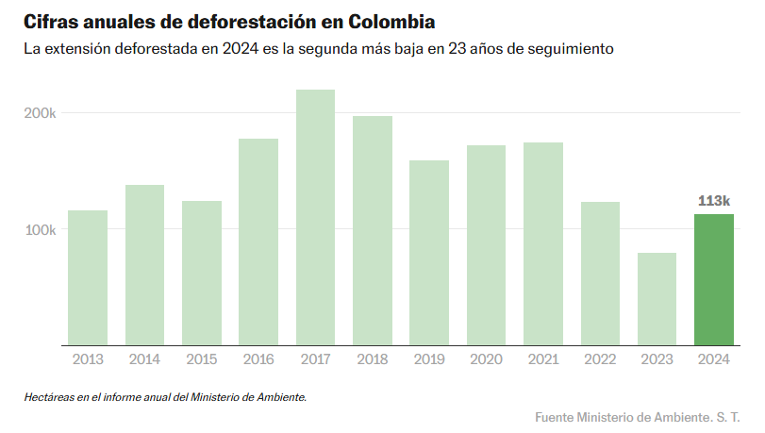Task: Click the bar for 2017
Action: click(315, 217)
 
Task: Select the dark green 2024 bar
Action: click(713, 279)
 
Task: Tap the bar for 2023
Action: click(657, 299)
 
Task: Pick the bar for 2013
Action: click(88, 277)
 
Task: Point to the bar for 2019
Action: click(429, 253)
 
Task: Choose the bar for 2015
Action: click(201, 273)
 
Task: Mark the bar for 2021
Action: click(542, 243)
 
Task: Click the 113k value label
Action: click(714, 200)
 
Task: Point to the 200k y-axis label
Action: click(40, 113)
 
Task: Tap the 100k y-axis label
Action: click(40, 230)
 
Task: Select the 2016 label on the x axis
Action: click(258, 359)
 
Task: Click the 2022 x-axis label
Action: click(600, 359)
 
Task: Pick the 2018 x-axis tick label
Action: click(373, 359)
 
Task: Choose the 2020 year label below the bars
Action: click(486, 359)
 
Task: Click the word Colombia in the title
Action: click(392, 20)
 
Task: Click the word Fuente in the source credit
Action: click(556, 417)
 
